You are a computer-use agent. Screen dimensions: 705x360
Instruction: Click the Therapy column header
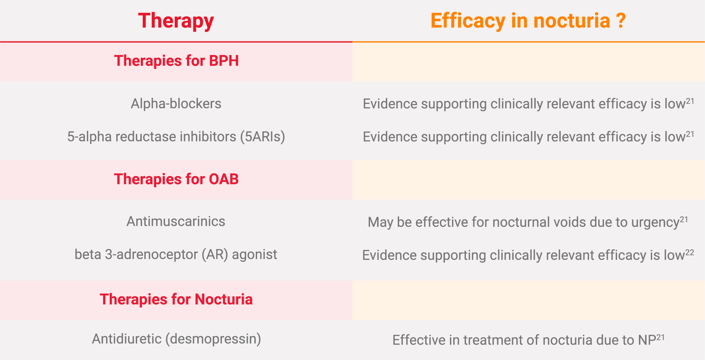click(176, 21)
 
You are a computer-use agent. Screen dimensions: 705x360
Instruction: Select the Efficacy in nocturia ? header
click(528, 21)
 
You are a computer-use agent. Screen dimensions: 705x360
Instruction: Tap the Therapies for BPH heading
click(176, 61)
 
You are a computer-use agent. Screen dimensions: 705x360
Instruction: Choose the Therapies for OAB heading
click(176, 179)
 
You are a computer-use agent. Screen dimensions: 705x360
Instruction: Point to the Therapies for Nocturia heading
click(176, 299)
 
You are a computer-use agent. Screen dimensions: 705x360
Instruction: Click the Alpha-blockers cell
click(176, 104)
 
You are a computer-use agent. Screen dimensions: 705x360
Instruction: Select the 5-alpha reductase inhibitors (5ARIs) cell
click(176, 137)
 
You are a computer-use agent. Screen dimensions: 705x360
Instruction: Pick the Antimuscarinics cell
click(176, 221)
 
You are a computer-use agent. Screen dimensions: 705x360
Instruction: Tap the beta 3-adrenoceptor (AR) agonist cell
click(176, 254)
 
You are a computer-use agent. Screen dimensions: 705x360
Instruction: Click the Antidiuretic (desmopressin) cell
click(176, 339)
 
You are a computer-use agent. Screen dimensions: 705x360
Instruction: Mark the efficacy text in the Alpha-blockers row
click(529, 104)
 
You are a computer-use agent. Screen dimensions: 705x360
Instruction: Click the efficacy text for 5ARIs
click(529, 137)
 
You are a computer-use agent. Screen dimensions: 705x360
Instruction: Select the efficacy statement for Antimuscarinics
click(528, 222)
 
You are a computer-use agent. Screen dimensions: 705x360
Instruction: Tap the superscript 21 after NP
click(660, 337)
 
